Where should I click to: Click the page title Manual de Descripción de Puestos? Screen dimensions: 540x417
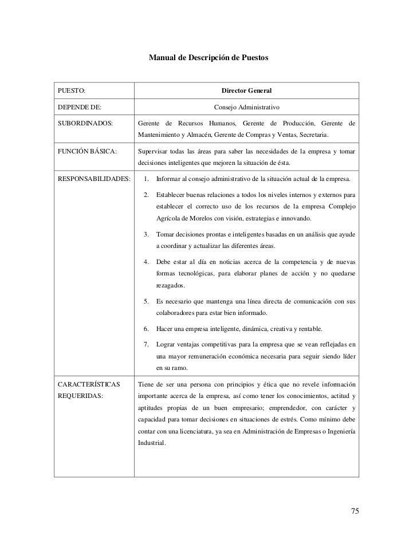208,58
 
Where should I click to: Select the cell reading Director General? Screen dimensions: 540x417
246,90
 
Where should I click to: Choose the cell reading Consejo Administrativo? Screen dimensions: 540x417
246,107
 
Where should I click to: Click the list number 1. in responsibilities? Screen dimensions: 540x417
147,179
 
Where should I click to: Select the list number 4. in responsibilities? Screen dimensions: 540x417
147,262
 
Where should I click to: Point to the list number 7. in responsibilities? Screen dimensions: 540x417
147,344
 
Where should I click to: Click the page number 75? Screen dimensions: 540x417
355,511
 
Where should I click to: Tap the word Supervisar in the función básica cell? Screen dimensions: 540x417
155,152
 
